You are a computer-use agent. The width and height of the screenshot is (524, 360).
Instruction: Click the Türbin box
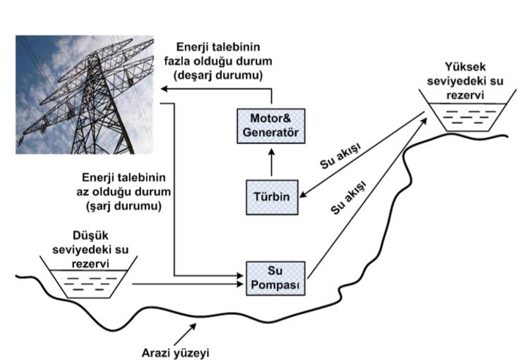272,197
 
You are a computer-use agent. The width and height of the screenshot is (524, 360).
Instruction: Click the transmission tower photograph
85,94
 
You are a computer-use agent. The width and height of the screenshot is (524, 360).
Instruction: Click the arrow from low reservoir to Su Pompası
187,284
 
